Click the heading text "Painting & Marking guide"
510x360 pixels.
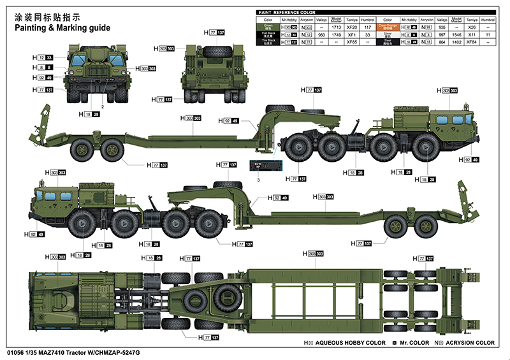click(61, 28)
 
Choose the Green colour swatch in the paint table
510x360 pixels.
click(267, 27)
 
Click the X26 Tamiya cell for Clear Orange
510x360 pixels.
click(472, 27)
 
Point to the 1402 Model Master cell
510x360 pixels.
click(456, 41)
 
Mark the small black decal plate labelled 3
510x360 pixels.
click(264, 165)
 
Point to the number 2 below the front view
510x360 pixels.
click(102, 107)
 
